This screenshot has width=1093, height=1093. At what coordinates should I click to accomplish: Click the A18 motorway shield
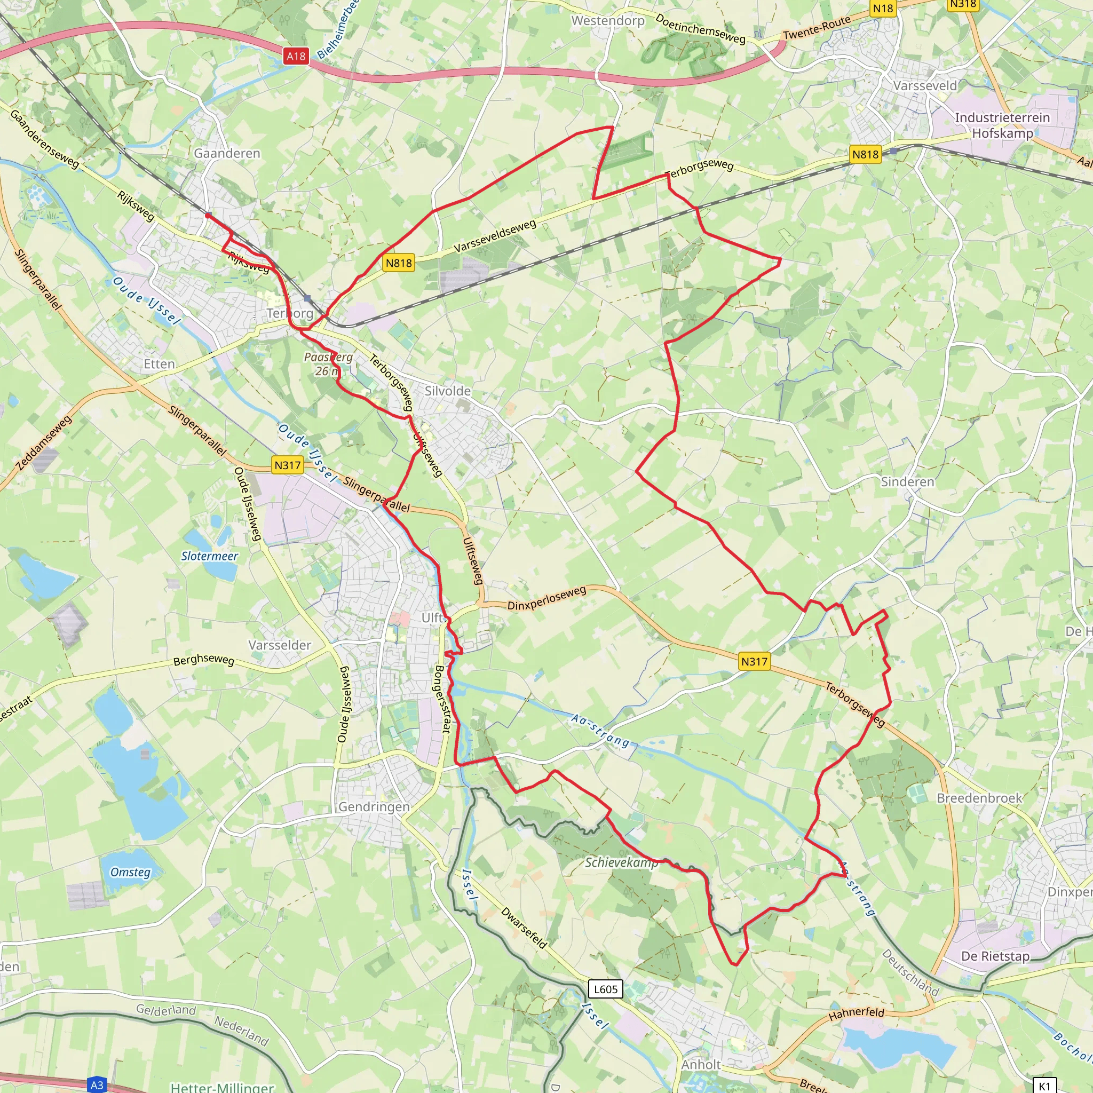296,56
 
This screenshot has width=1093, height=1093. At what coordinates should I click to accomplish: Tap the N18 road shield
883,8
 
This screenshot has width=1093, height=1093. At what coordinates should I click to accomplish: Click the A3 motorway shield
97,1084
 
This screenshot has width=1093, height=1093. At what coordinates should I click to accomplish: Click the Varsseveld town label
925,85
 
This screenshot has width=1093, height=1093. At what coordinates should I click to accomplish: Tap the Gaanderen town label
227,153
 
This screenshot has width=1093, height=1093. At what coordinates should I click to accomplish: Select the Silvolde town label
447,391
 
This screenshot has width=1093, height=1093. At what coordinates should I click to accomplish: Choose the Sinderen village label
907,481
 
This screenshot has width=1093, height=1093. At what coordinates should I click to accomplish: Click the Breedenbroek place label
979,798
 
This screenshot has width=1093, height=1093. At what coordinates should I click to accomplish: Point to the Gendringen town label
374,807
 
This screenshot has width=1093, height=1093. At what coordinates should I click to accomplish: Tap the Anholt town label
701,1064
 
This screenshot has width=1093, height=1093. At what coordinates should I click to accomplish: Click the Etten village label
159,364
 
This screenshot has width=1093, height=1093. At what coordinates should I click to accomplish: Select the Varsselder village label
280,645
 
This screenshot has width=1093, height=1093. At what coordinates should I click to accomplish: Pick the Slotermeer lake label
209,556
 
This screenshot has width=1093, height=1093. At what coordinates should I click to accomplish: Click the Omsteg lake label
130,872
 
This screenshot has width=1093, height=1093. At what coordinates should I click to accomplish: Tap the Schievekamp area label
621,862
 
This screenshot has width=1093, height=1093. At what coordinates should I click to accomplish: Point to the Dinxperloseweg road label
546,598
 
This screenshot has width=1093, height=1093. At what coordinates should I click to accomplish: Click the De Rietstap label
995,956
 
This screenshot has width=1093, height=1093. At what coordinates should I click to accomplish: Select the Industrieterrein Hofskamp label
1002,125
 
